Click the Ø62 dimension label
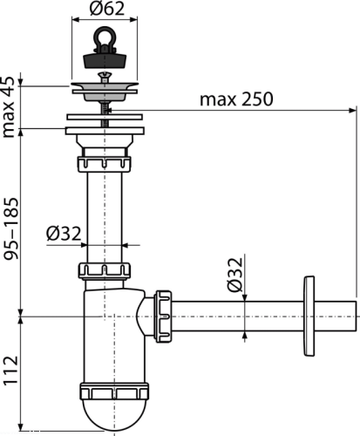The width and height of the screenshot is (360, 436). tap(107, 9)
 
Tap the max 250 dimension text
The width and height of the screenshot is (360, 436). tap(236, 99)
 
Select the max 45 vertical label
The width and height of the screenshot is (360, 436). tap(8, 107)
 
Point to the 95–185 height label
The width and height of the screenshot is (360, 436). tap(10, 228)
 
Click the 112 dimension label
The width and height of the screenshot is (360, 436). tap(10, 371)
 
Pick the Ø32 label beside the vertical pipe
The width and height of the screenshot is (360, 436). tap(64, 234)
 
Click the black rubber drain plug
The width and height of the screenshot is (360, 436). tap(105, 60)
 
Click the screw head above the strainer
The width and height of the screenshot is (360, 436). tap(105, 77)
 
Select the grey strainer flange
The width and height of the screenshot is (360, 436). tap(105, 92)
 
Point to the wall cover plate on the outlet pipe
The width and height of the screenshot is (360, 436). tap(309, 316)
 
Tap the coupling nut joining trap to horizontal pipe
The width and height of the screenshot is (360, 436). tap(163, 316)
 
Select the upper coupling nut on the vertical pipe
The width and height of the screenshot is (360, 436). tap(104, 164)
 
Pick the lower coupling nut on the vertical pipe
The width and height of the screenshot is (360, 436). tap(104, 270)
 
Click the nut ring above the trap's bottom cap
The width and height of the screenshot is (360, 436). tap(114, 392)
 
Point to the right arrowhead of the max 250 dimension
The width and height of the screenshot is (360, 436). tap(352, 110)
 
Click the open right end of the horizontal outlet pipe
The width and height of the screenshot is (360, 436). tap(356, 316)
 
